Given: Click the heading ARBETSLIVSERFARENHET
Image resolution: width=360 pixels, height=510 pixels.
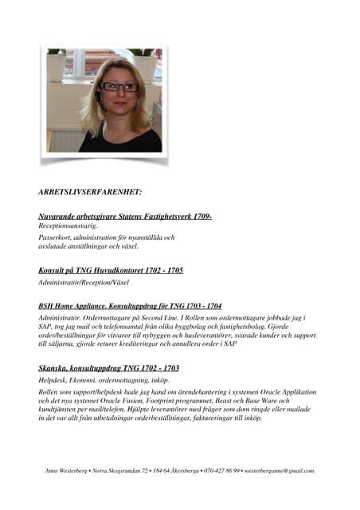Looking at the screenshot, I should tap(90, 192).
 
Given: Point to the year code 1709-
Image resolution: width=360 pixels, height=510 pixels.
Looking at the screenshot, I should tap(201, 216).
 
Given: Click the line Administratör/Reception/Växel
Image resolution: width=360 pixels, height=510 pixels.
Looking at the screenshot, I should tap(84, 282).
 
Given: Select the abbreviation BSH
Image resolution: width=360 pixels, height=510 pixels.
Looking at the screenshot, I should tap(47, 305).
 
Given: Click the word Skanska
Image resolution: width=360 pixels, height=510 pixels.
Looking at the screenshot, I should tap(55, 368).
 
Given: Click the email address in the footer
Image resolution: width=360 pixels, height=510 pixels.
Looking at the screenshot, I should tap(279, 471).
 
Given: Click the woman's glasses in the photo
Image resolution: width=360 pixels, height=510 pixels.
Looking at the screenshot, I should tap(120, 86).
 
